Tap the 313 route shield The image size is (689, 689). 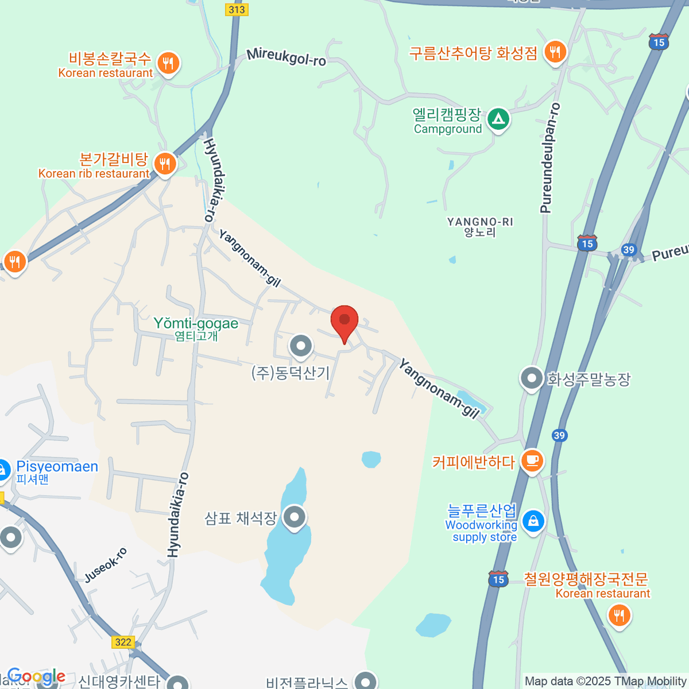coord(237,9)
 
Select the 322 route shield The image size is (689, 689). coord(123,642)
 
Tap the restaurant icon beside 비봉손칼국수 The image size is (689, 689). coord(167,63)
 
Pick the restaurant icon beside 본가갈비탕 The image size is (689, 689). coord(165,164)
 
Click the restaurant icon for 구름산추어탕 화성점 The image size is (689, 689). coord(555,53)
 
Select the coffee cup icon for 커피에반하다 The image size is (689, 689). coord(532,460)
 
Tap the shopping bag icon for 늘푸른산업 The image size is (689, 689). coord(533,521)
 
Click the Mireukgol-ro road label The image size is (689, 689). coord(287,57)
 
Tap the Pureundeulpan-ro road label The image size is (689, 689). coord(549,158)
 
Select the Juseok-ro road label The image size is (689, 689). coord(106,566)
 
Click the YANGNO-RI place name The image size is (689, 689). coord(480,222)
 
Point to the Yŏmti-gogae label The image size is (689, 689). coord(196,324)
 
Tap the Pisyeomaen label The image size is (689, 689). coord(57,467)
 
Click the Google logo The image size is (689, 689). coord(36,676)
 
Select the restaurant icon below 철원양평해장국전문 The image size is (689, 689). coord(618,616)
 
